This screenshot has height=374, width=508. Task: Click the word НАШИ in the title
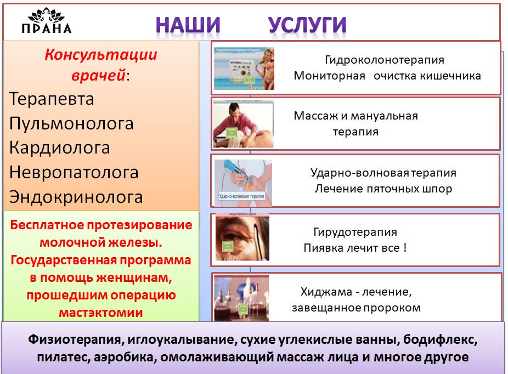[x=188, y=25]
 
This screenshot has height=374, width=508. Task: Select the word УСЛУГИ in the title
[x=307, y=25]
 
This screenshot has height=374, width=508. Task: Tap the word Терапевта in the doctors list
[x=52, y=99]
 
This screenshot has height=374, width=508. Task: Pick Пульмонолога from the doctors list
[x=71, y=123]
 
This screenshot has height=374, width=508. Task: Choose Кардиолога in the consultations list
[x=59, y=148]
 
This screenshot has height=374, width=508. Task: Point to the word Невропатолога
[x=74, y=172]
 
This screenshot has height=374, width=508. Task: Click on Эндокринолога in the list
[x=76, y=197]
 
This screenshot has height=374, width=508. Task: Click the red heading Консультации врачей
[x=100, y=65]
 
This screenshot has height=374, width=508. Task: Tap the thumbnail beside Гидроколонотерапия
[x=244, y=68]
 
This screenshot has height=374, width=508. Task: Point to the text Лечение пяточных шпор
[x=383, y=189]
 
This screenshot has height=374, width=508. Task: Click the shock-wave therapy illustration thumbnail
[x=242, y=180]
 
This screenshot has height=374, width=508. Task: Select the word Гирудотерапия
[x=355, y=232]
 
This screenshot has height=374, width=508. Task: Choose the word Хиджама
[x=323, y=291]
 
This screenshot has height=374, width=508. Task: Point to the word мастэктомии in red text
[x=100, y=313]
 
